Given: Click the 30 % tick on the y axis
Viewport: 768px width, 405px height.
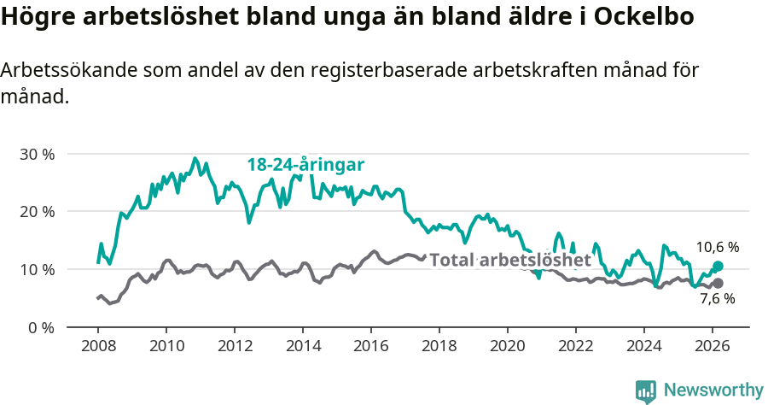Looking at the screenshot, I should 37,155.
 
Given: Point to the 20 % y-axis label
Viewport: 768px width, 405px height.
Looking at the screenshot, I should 37,212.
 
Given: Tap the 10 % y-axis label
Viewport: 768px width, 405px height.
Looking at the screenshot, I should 37,269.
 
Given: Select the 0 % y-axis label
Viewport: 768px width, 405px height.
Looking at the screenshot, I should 41,327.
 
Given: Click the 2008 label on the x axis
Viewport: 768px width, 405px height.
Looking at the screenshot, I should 98,347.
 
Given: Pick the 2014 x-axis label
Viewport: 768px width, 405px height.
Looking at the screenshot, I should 303,347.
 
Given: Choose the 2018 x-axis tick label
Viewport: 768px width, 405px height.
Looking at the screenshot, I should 439,347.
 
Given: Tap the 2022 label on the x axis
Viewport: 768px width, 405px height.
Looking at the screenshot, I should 576,347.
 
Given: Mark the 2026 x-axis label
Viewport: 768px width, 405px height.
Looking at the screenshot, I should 713,347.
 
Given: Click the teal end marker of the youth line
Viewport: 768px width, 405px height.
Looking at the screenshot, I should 718,267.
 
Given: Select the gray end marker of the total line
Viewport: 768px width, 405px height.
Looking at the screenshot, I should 718,283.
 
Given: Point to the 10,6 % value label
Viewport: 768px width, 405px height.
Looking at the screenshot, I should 718,247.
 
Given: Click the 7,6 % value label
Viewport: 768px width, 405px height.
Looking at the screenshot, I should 718,299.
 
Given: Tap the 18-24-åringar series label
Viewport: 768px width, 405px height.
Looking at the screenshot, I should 305,165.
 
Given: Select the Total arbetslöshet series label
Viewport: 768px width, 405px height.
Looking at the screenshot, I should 509,260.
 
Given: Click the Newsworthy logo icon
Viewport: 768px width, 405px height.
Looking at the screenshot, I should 646,391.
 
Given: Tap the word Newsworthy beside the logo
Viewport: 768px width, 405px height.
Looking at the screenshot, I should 713,390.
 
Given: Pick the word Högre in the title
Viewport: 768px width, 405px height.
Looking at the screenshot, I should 36,17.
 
